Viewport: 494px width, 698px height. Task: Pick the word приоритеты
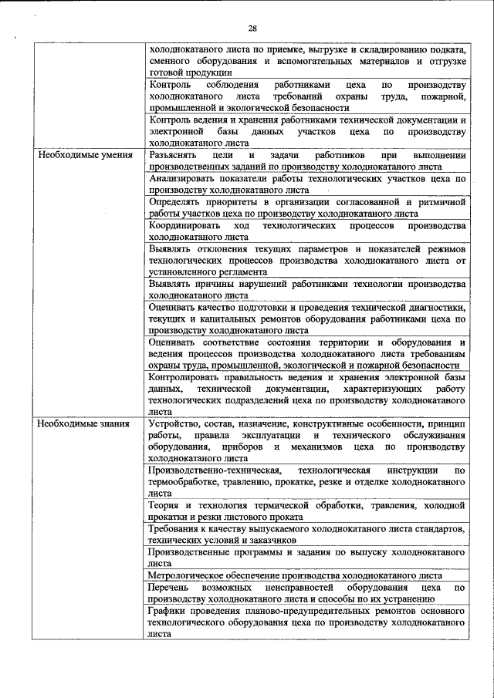pos(228,202)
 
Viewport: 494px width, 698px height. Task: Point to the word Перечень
pos(171,587)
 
